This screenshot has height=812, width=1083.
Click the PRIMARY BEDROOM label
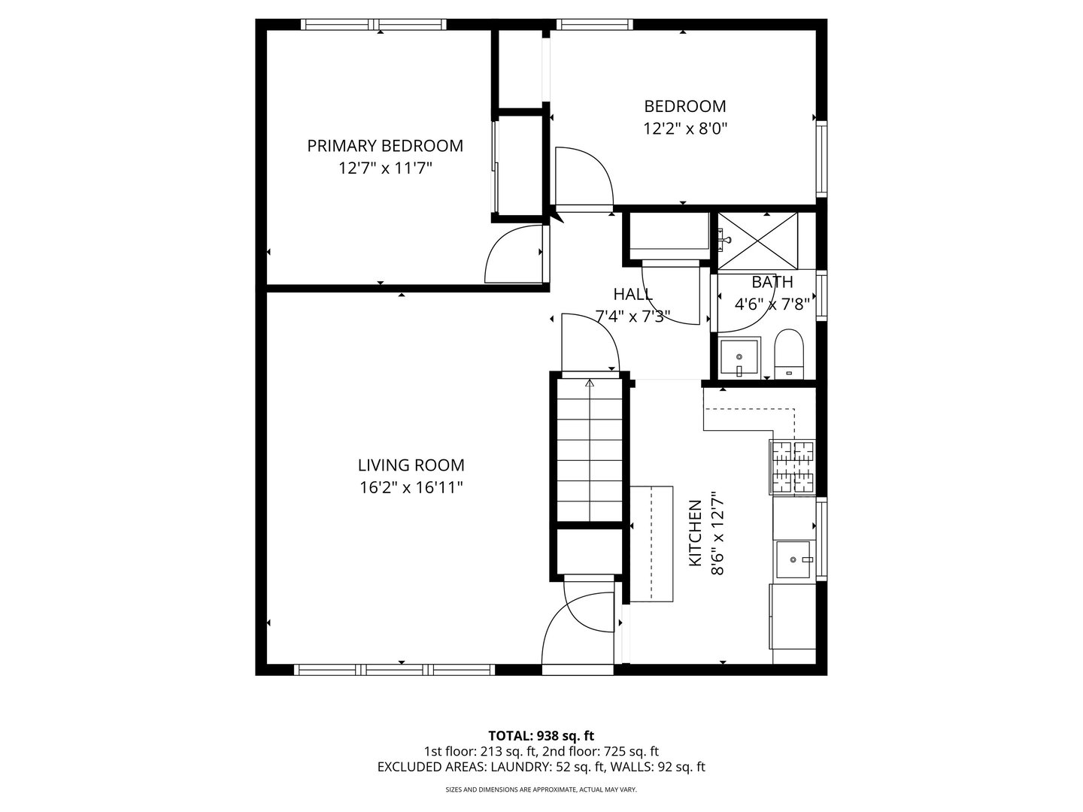(384, 146)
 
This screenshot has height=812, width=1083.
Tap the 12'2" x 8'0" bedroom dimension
(684, 129)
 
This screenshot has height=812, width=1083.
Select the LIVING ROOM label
(411, 465)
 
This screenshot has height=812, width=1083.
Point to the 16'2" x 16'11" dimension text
(411, 488)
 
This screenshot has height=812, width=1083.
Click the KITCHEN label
(696, 533)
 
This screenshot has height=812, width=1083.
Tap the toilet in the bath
(789, 353)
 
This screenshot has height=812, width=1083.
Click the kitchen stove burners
(792, 467)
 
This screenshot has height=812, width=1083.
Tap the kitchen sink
(793, 559)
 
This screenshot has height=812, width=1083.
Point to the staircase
(589, 451)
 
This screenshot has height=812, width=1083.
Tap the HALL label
(633, 294)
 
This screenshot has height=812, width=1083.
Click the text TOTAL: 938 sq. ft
(541, 735)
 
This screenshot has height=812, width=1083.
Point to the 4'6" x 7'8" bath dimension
(772, 304)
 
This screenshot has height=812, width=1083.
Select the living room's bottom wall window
(394, 669)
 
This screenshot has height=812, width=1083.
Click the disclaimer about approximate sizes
(541, 790)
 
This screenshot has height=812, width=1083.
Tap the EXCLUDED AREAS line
(541, 767)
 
